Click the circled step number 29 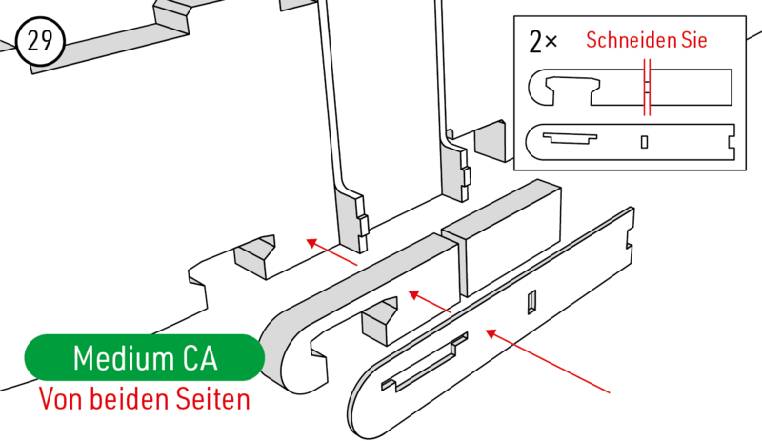click(x=40, y=41)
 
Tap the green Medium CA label click(x=145, y=357)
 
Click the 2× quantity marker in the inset click(x=543, y=42)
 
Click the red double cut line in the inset click(x=647, y=88)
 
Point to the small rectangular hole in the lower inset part click(x=645, y=142)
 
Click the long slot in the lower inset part click(x=570, y=138)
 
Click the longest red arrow click(x=548, y=361)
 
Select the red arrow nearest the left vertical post click(x=331, y=251)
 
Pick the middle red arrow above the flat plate click(x=431, y=301)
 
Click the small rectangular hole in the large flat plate click(x=532, y=302)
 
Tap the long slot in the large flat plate click(x=424, y=362)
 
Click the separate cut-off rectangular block click(x=502, y=238)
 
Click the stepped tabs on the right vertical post click(x=464, y=174)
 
